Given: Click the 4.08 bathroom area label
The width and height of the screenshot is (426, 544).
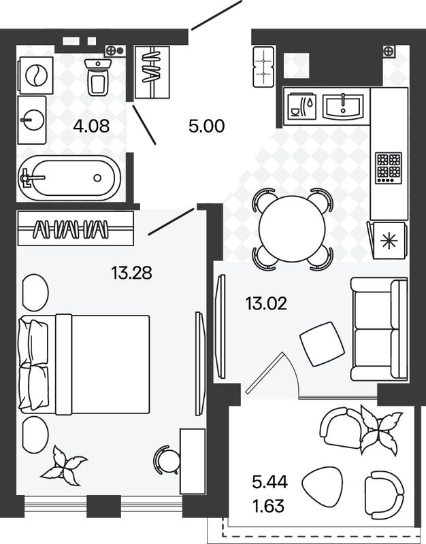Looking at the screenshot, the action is point(91,126).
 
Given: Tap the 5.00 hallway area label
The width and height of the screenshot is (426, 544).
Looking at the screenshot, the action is point(207,126).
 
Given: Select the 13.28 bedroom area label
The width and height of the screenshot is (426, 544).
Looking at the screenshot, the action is point(131,273).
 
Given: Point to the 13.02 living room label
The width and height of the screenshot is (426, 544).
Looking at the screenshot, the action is point(266,303).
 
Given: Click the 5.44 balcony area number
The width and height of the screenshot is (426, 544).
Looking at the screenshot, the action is point(270,482).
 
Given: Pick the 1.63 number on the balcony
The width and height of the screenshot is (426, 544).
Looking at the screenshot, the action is point(268,506).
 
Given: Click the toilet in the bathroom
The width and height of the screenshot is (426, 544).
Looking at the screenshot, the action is point(98,77).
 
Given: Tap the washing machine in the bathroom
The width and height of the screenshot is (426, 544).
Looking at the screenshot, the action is point(36,75).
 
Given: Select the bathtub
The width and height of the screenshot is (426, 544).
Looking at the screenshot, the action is point(69,178).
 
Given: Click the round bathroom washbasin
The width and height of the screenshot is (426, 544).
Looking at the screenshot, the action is point(32,120).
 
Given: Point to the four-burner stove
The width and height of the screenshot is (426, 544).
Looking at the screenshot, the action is point(389,168).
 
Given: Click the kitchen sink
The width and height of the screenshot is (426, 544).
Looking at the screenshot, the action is point(343,105).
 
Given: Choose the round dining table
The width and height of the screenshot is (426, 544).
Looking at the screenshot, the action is point(293,229).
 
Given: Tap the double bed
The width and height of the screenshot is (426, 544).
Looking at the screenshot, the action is point(85,364).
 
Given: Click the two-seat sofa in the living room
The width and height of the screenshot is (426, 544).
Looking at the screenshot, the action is point(379,329).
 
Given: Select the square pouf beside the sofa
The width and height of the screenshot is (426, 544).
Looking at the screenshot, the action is point(322,344).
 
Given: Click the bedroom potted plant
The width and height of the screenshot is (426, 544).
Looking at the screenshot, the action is point(63,466).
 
